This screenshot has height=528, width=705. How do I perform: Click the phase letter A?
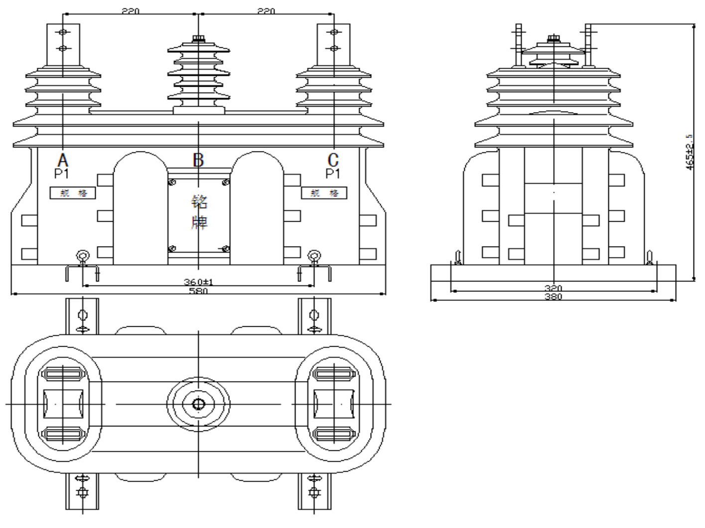coord(62,160)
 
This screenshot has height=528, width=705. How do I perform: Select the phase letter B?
coord(198,160)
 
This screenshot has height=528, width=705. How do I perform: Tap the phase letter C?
coord(333,160)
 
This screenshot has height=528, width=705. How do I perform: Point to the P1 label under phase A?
coord(62,173)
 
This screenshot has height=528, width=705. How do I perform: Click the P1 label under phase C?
coord(333,173)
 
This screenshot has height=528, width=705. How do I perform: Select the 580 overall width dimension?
coord(198,291)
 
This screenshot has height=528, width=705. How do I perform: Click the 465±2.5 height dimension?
coord(689,152)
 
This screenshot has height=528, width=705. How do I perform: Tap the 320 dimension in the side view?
coord(554,288)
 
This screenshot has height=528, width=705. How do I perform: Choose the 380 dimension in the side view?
coord(554,297)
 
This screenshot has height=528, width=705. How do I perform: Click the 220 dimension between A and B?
coord(131,11)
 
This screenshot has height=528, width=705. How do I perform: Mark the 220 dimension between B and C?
coord(266,11)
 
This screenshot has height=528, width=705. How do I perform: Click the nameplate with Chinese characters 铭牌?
coord(199,212)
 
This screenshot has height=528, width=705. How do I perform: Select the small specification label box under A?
coord(72,193)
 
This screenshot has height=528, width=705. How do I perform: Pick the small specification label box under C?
coord(324,193)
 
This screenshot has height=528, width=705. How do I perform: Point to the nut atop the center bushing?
coord(199,39)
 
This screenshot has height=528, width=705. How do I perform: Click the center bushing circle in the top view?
coord(198,404)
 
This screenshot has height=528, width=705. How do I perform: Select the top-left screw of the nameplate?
coord(173,182)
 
